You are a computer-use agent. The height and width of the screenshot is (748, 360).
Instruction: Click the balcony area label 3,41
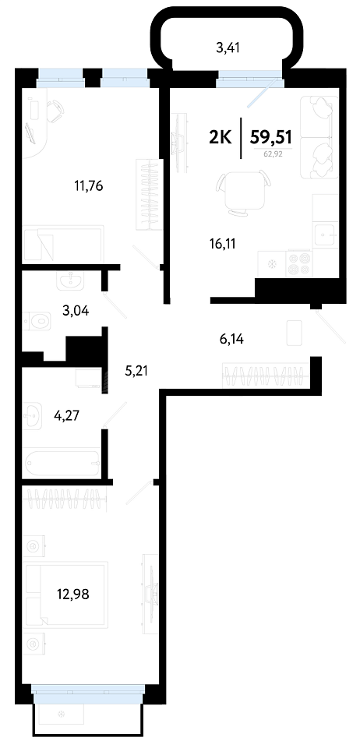point(228,48)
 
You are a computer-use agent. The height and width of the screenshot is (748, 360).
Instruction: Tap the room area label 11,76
point(89,185)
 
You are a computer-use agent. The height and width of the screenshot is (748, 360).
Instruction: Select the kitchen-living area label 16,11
point(223,244)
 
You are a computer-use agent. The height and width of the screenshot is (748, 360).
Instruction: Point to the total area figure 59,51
point(271,137)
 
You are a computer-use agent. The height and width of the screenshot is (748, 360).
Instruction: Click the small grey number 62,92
point(272,153)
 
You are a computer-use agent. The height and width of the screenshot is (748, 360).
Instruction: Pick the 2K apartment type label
point(221,137)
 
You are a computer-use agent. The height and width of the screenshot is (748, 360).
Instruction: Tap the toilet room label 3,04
point(77,312)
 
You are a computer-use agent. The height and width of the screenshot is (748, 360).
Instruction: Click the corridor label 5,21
point(136,371)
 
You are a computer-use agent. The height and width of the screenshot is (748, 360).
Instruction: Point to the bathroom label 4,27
point(67,415)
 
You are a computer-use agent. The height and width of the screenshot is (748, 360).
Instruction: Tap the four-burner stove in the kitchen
point(298,263)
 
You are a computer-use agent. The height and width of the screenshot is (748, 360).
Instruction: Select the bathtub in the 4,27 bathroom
point(62,462)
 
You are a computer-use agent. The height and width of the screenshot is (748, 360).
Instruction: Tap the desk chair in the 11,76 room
point(56,109)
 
